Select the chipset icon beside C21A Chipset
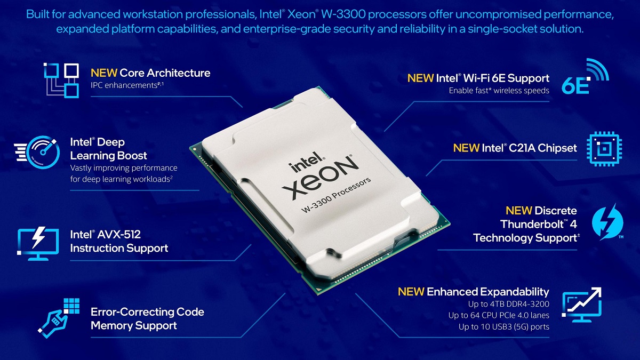point(604,149)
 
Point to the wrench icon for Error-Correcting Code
point(59,318)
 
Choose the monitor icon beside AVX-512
point(38,243)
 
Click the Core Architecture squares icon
point(61,81)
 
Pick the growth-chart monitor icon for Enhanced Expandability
point(582,305)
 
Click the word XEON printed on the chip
point(319,178)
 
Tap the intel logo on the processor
point(306,162)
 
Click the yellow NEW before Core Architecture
point(103,73)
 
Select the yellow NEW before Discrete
point(518,211)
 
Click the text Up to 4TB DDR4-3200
point(509,304)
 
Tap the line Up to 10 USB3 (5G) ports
point(504,327)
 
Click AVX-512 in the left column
point(119,235)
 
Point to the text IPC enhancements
point(124,85)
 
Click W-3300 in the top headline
point(343,14)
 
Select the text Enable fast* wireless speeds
point(499,91)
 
